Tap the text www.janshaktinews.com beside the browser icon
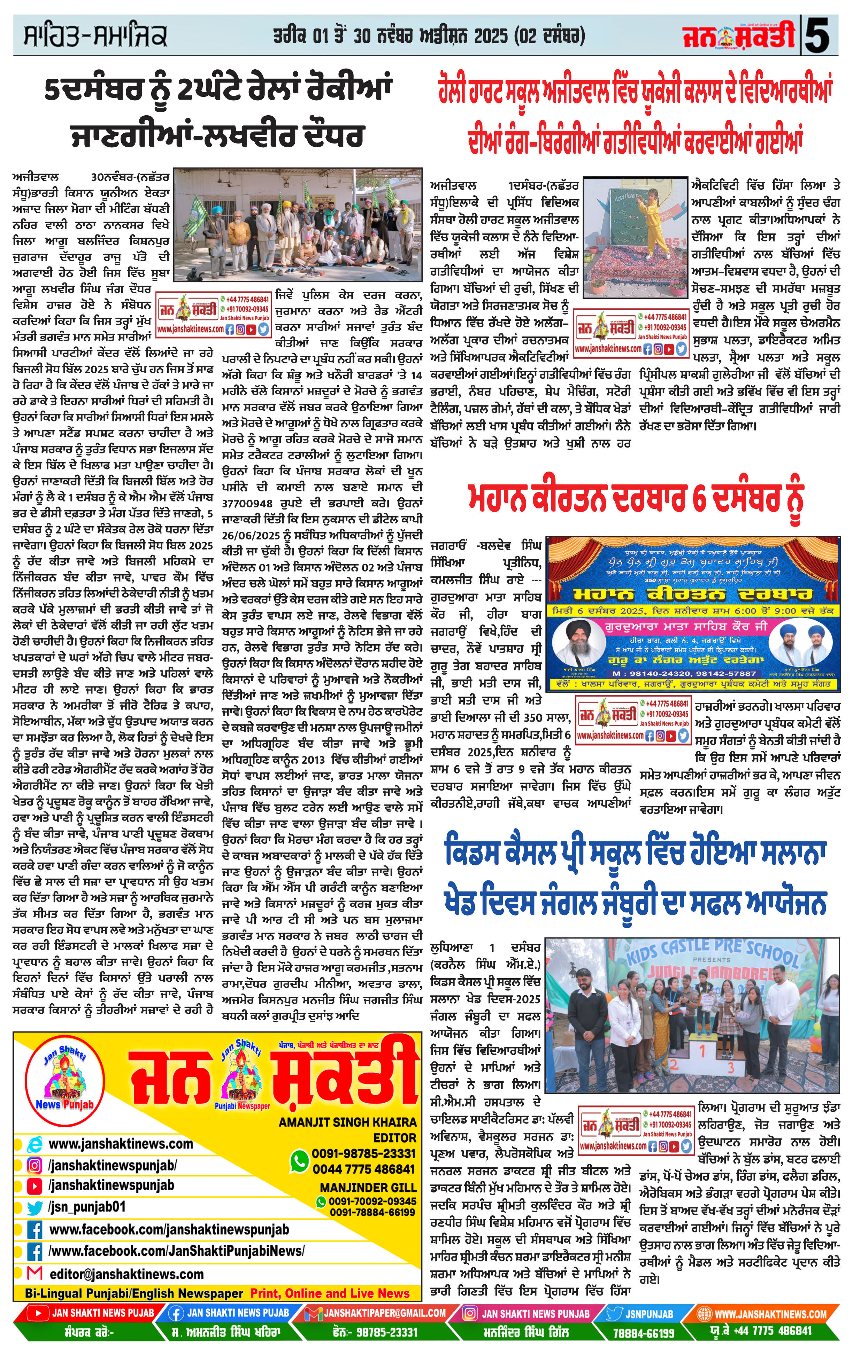(121, 1144)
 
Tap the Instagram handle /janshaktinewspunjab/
(113, 1165)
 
